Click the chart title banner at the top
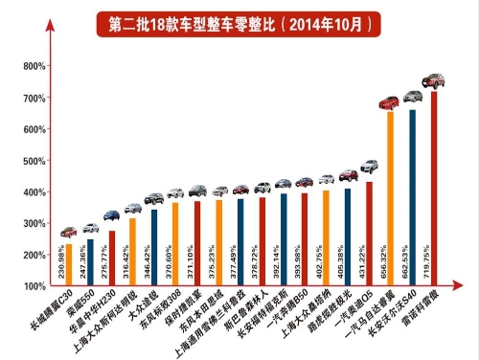tap(239, 19)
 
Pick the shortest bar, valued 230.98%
tap(68, 265)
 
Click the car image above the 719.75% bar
tap(434, 79)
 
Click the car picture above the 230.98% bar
tap(67, 232)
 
